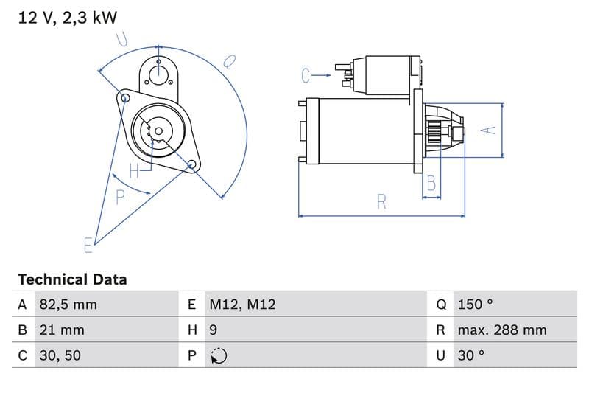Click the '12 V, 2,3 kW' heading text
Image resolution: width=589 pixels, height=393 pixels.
coord(68,18)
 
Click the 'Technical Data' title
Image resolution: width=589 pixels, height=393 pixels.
coord(72,279)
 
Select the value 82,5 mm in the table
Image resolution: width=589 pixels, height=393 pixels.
coord(68,305)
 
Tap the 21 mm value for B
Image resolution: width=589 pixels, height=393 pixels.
coord(62,330)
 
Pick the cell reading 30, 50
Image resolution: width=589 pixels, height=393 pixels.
coord(60,355)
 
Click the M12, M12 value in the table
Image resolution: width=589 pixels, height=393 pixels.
coord(242,305)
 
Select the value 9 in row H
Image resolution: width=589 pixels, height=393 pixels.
coord(214,330)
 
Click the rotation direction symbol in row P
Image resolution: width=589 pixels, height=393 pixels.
coord(218,355)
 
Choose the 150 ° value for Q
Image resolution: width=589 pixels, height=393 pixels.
coord(475,305)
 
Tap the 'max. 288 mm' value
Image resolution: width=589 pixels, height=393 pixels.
coord(502,330)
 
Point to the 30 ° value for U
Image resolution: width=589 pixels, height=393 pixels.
coord(471,355)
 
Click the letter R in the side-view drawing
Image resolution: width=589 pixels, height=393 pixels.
coord(381,201)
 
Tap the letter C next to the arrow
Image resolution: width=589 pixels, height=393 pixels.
coord(306,74)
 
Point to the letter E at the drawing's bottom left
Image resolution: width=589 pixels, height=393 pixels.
coord(88,245)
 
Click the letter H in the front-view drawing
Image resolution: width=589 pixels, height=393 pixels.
coord(134,171)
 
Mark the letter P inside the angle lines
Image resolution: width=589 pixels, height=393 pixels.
coord(120,197)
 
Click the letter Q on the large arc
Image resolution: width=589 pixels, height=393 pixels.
coord(229,60)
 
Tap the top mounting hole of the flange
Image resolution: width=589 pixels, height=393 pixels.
coord(158,72)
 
